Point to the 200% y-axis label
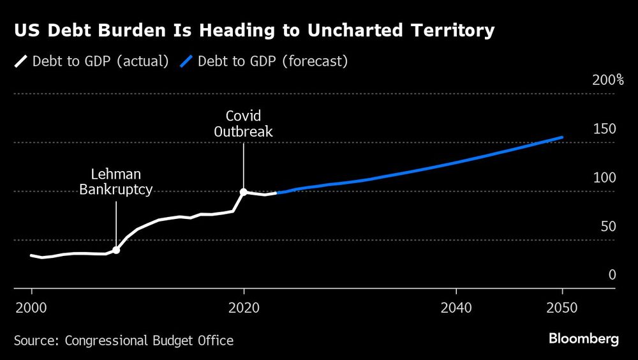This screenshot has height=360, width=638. click(x=607, y=80)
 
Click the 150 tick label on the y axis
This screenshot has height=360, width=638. click(x=605, y=130)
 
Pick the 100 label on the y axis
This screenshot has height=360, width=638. click(x=605, y=178)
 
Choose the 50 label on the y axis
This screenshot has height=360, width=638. click(x=608, y=227)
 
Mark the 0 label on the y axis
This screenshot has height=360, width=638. click(x=612, y=275)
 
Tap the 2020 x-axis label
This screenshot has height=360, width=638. click(x=244, y=308)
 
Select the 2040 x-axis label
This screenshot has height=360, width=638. click(x=456, y=308)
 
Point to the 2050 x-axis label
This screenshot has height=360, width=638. click(x=562, y=308)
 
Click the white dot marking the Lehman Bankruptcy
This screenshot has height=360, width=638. click(x=116, y=250)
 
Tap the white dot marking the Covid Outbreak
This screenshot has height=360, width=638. click(x=244, y=191)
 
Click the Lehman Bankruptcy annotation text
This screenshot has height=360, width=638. click(x=116, y=181)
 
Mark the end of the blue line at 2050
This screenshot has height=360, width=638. click(x=562, y=137)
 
